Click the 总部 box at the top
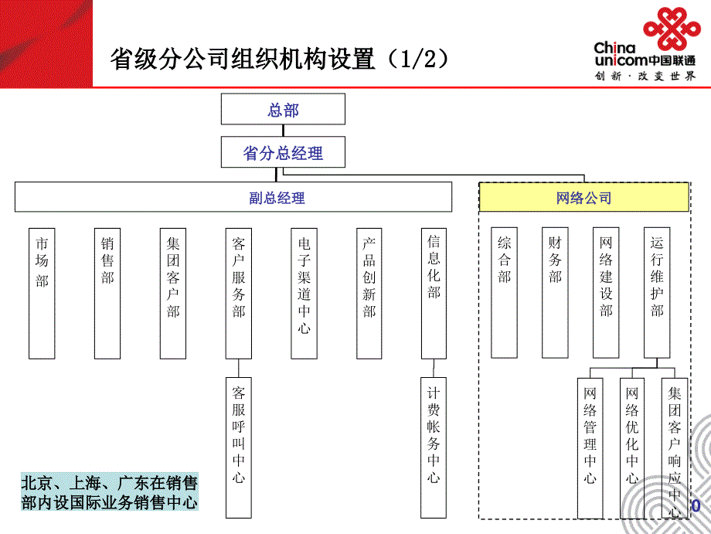point(283,109)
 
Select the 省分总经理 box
point(283,153)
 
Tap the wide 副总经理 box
point(233,197)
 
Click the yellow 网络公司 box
point(583,198)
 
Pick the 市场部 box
point(42,293)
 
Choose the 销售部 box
point(107,293)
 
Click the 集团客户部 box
point(173,293)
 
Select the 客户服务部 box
point(239,293)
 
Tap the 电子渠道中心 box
point(304,293)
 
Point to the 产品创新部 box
point(370,293)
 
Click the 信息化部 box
point(434,293)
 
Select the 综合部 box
point(505,292)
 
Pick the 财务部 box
point(555,292)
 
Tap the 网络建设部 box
point(606,292)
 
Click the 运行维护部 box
point(657,292)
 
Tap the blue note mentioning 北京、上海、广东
point(109,493)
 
